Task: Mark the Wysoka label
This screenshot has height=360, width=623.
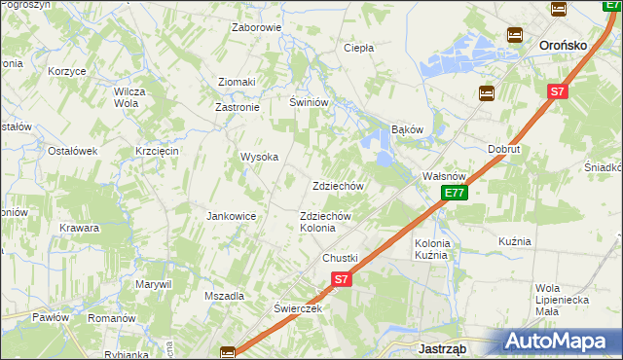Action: click(x=260, y=157)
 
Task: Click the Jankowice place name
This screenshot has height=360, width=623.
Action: click(x=231, y=216)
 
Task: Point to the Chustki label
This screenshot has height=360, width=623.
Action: click(x=341, y=258)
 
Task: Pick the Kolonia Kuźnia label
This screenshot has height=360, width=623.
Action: click(x=431, y=248)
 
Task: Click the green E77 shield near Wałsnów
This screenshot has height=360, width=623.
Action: click(x=454, y=193)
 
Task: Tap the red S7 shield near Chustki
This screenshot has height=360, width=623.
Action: click(x=340, y=279)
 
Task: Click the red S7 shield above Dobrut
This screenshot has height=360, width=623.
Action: click(x=556, y=91)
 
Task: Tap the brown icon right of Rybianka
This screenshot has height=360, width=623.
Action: click(x=227, y=352)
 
